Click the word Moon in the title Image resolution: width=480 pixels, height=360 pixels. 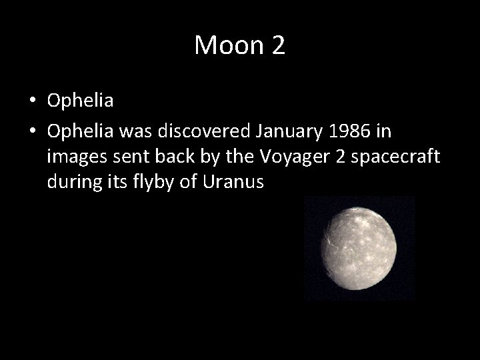227,45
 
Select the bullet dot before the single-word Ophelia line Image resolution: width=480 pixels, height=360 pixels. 33,101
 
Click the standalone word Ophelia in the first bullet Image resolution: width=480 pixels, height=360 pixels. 81,101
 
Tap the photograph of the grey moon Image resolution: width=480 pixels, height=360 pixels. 359,247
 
